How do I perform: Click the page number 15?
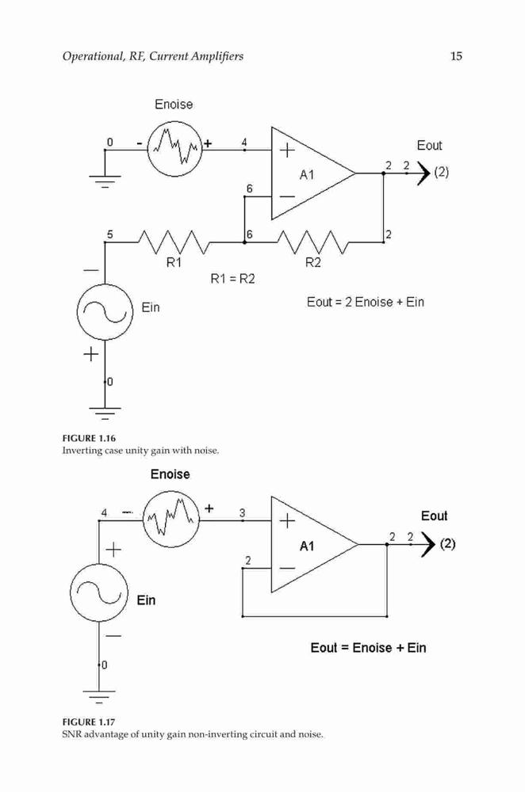pyautogui.click(x=456, y=56)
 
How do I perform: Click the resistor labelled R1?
pyautogui.click(x=174, y=242)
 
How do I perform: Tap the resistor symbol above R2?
pyautogui.click(x=313, y=242)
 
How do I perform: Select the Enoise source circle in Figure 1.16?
pyautogui.click(x=174, y=150)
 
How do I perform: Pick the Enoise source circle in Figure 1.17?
pyautogui.click(x=171, y=520)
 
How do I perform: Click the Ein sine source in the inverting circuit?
pyautogui.click(x=105, y=311)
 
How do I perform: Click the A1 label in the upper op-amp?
pyautogui.click(x=307, y=175)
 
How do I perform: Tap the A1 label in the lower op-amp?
pyautogui.click(x=307, y=546)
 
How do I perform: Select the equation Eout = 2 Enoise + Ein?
pyautogui.click(x=365, y=302)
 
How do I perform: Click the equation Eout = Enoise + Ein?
pyautogui.click(x=368, y=648)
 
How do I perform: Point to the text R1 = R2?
pyautogui.click(x=232, y=279)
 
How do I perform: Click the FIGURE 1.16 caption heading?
pyautogui.click(x=89, y=438)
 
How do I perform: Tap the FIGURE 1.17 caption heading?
pyautogui.click(x=89, y=722)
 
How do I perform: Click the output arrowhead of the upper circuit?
pyautogui.click(x=423, y=173)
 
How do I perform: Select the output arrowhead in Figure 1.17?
pyautogui.click(x=428, y=545)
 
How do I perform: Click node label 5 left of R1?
pyautogui.click(x=109, y=234)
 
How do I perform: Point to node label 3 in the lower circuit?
pyautogui.click(x=242, y=512)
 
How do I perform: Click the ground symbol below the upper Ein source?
pyautogui.click(x=105, y=413)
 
